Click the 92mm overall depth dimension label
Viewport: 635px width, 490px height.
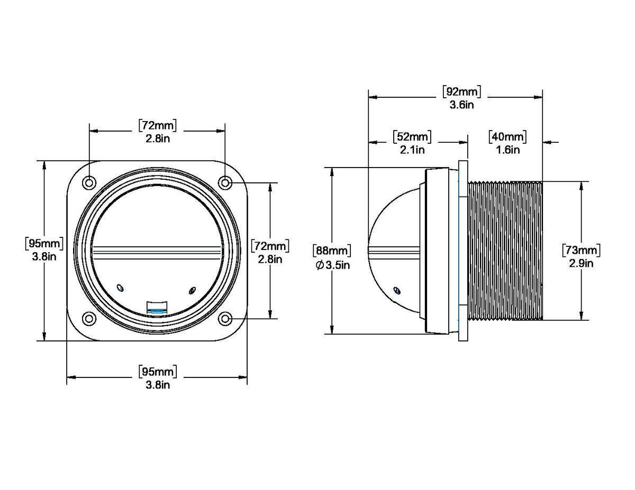[x=461, y=91]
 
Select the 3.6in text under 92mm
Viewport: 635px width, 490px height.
[x=462, y=105]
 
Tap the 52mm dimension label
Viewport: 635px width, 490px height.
[x=412, y=137]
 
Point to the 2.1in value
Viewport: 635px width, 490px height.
[x=412, y=150]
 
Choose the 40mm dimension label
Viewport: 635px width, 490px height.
[x=507, y=137]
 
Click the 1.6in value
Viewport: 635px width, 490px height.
[x=508, y=150]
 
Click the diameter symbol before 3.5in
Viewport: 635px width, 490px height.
[x=320, y=265]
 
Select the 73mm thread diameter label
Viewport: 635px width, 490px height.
[x=581, y=250]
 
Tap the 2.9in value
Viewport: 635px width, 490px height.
[x=581, y=264]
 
